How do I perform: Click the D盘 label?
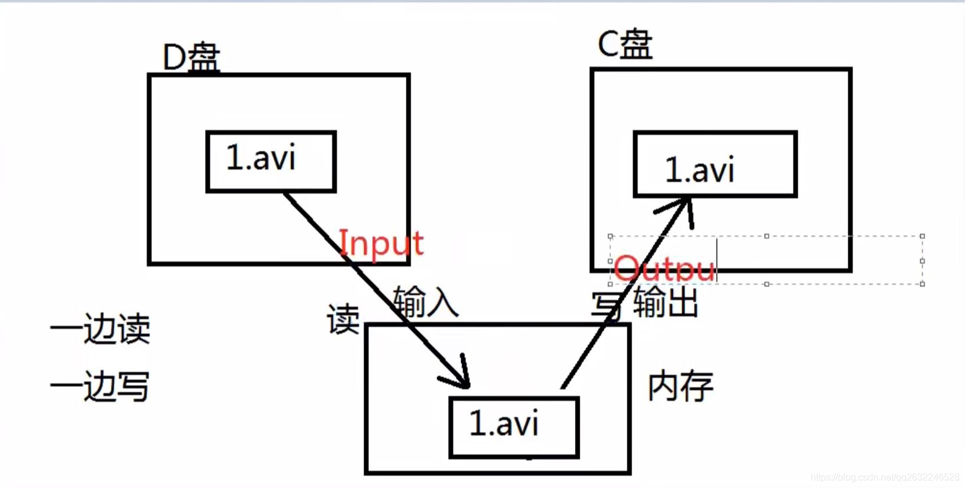(x=191, y=58)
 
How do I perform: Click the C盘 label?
(x=625, y=44)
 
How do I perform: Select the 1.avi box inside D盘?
(x=271, y=161)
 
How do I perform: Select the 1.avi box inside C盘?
(x=715, y=164)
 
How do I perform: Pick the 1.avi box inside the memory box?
(x=514, y=427)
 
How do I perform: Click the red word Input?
(x=381, y=243)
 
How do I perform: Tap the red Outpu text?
(x=665, y=269)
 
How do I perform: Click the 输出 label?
(x=666, y=303)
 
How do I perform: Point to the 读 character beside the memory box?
(x=343, y=320)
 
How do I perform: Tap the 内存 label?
(x=680, y=387)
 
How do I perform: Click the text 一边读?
(x=100, y=328)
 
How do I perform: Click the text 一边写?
(x=100, y=386)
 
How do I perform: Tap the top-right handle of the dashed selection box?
(x=922, y=236)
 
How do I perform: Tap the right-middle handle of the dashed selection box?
(x=922, y=260)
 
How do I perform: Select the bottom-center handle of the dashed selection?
(x=766, y=284)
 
